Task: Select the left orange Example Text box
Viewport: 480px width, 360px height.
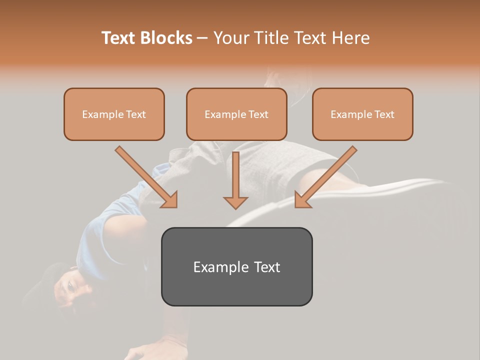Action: (114, 114)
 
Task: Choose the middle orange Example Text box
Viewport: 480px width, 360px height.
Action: (236, 114)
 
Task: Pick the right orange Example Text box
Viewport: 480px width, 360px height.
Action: (362, 114)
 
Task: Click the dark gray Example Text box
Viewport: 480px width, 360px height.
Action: (236, 266)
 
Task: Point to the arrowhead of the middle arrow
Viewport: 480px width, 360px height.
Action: (235, 202)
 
